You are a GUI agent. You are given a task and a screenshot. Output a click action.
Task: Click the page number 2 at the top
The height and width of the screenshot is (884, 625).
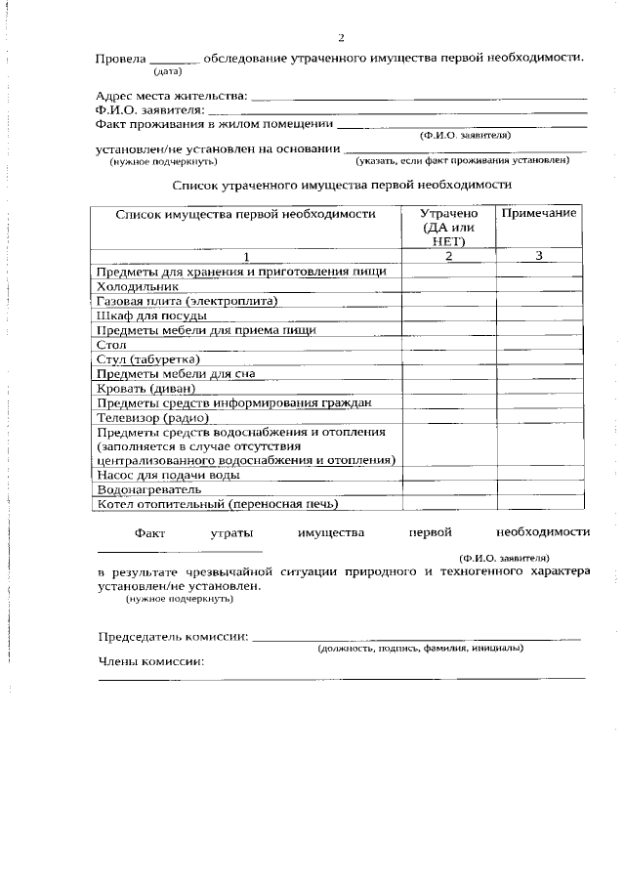(341, 38)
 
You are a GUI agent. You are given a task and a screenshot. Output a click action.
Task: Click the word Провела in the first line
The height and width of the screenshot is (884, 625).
(121, 58)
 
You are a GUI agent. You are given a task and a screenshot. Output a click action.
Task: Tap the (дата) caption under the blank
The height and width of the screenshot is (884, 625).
(168, 71)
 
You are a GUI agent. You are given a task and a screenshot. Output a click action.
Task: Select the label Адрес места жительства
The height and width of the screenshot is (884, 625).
(171, 97)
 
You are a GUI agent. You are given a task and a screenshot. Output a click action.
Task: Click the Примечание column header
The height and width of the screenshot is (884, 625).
(538, 213)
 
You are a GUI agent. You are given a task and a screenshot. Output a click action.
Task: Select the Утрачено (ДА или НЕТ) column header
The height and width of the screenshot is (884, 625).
(448, 227)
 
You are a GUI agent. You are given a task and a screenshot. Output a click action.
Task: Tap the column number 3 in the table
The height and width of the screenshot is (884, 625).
(538, 256)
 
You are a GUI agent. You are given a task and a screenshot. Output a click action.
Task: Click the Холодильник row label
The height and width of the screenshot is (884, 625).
(137, 287)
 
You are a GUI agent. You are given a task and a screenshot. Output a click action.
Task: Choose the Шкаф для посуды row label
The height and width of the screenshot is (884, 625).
(151, 316)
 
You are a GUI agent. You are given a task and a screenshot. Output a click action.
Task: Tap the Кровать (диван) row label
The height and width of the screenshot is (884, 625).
(146, 388)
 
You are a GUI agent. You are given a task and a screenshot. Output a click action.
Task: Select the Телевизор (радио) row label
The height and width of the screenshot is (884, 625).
(152, 417)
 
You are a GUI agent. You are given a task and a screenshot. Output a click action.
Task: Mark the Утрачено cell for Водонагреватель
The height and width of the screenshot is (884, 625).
(448, 489)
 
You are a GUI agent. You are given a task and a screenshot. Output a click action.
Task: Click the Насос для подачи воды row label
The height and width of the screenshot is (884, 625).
(167, 475)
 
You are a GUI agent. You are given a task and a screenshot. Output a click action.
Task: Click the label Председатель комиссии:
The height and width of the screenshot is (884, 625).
(173, 637)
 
